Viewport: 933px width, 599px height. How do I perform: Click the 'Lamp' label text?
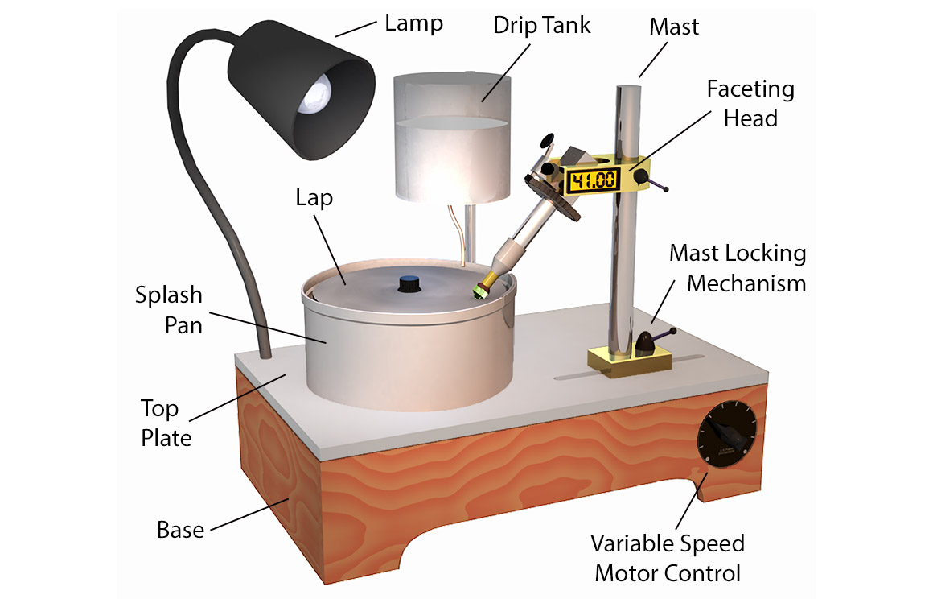coord(413,22)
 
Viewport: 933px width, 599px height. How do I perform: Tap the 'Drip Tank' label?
coord(541,24)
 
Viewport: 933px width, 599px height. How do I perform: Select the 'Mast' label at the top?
coord(674,26)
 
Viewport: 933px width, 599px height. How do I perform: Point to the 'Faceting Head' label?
coord(750,103)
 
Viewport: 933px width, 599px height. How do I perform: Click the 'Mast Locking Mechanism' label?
coord(737,267)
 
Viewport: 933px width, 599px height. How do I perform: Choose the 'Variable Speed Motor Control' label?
coord(667,558)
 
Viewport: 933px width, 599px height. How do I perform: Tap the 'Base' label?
coord(180,530)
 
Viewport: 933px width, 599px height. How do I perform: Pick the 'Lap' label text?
coord(314,197)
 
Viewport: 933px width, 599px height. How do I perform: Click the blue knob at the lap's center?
coord(409,283)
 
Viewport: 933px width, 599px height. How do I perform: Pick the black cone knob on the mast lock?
coord(646,343)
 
